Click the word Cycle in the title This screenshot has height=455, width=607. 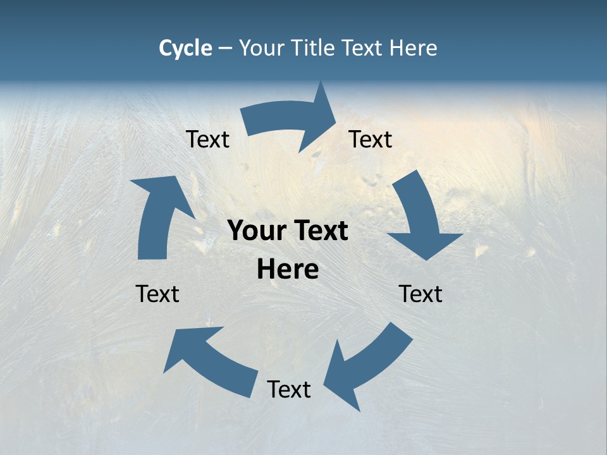[185, 48]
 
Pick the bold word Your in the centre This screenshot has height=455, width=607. [255, 231]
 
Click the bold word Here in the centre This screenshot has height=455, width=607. [288, 270]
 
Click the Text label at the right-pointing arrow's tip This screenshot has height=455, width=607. [371, 139]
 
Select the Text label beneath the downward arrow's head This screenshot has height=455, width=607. [420, 294]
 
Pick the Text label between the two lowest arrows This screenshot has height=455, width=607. [289, 389]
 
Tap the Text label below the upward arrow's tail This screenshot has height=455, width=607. [157, 294]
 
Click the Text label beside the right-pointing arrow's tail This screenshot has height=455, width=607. [207, 139]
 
